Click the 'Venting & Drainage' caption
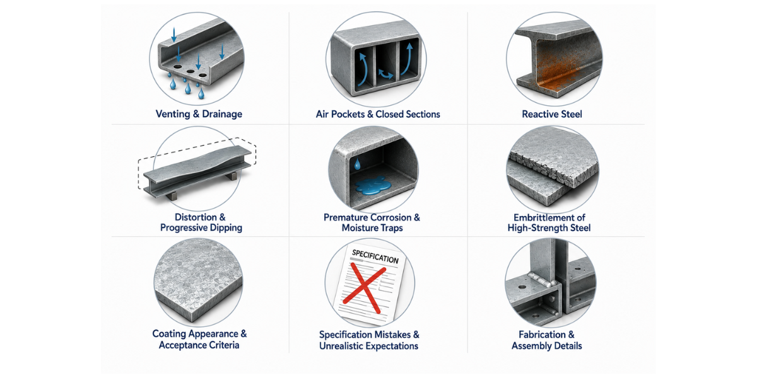click(199, 114)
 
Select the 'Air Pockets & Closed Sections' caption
click(378, 114)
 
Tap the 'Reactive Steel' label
click(552, 114)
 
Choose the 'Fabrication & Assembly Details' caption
click(547, 340)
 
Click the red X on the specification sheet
click(365, 288)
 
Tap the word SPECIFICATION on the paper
click(375, 257)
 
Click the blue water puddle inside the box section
click(373, 186)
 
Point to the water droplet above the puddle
click(357, 164)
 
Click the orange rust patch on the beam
click(555, 72)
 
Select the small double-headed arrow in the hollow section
click(385, 74)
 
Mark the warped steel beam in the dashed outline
click(197, 171)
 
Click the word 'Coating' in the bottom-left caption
click(169, 334)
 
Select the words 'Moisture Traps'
click(372, 228)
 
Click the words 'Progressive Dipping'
click(201, 228)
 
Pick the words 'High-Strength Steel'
click(549, 228)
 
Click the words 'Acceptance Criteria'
click(199, 345)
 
